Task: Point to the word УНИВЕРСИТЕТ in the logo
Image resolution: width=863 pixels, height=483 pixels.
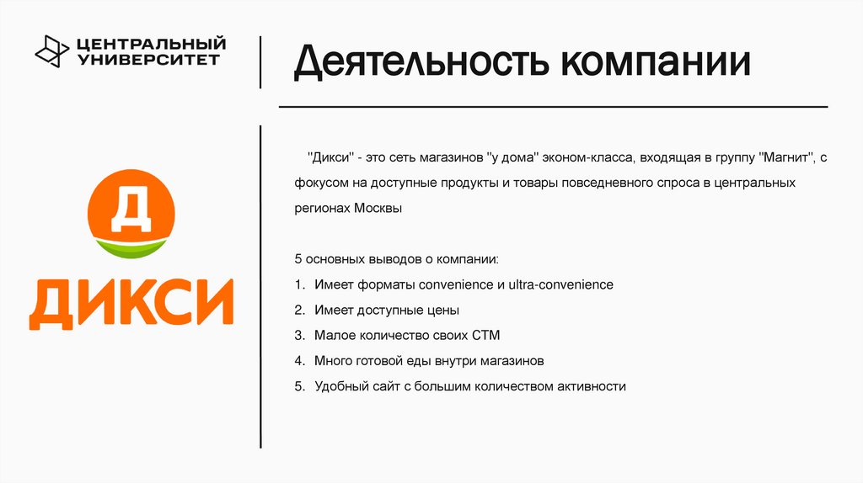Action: point(147,59)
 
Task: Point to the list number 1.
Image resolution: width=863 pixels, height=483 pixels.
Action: point(299,284)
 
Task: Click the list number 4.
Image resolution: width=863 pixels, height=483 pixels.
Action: point(299,361)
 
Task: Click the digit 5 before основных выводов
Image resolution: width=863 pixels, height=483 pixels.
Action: point(298,259)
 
